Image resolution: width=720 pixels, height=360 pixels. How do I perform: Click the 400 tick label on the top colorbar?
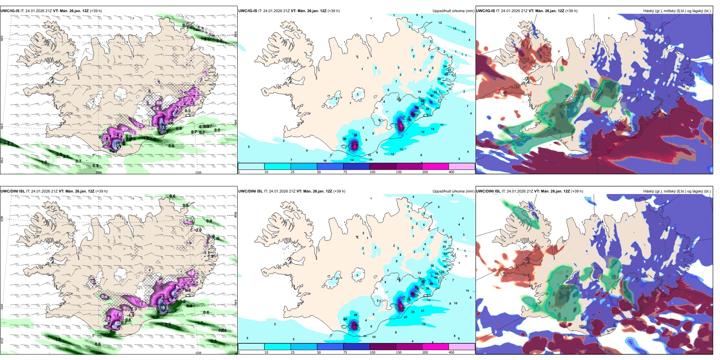(451, 172)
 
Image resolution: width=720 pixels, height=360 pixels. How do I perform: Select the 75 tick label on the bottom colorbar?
(345, 352)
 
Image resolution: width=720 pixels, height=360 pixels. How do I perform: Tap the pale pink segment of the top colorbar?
(462, 166)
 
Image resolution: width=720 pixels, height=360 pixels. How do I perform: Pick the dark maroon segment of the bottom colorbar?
(383, 347)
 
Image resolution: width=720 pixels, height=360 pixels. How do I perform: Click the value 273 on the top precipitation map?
(401, 128)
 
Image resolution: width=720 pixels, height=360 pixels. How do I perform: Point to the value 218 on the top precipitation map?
(355, 145)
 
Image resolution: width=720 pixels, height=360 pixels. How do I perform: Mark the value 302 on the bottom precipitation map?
(401, 308)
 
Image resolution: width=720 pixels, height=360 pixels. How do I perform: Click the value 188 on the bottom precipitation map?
(355, 325)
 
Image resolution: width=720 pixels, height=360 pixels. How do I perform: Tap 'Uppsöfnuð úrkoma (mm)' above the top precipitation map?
(453, 11)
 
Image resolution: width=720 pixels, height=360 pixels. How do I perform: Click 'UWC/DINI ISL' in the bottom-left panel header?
(13, 191)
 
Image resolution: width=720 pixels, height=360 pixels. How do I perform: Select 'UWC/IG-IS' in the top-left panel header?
(10, 11)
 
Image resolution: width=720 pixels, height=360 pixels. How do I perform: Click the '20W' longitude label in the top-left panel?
(99, 172)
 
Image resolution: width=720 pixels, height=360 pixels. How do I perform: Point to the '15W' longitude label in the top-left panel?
(198, 172)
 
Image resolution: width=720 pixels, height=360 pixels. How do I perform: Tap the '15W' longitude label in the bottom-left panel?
(198, 353)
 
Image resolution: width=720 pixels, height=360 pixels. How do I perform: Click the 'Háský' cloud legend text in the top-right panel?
(649, 11)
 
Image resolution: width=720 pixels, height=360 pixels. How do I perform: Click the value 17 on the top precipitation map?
(432, 58)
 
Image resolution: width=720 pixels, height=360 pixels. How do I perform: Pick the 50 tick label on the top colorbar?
(319, 172)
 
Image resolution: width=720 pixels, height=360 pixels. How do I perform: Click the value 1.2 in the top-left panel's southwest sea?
(44, 162)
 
